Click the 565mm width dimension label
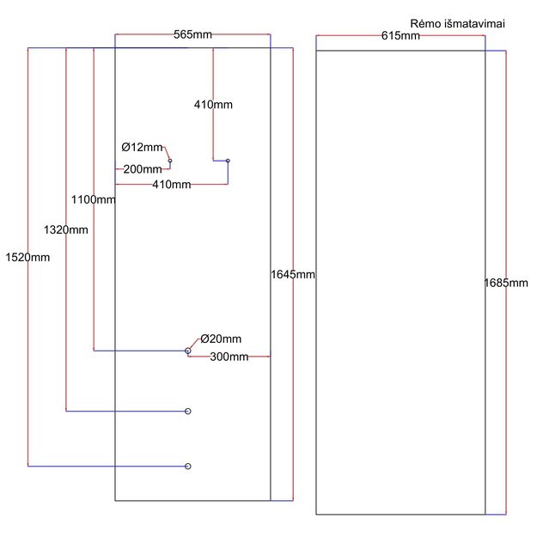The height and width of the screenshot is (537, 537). [192, 34]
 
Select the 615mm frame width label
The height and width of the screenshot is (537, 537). [400, 35]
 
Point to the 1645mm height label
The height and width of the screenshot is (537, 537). [293, 274]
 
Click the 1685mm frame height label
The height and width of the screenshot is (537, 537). [505, 283]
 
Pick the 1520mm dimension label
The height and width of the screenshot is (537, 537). [27, 257]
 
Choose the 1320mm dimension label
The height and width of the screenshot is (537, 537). [65, 229]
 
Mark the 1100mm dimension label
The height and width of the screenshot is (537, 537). [94, 199]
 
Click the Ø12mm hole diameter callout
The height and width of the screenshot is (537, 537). [142, 147]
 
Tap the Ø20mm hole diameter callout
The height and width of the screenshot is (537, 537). [221, 339]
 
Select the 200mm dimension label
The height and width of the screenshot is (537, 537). [143, 169]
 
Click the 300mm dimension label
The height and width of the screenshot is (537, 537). [229, 357]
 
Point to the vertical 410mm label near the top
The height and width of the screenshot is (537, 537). [213, 105]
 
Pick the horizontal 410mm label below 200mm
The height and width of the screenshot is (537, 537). [171, 185]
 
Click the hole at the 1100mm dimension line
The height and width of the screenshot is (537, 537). [188, 351]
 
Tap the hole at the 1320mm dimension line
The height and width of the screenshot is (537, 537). [188, 412]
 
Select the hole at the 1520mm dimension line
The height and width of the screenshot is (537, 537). [188, 466]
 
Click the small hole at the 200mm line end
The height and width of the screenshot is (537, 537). [170, 161]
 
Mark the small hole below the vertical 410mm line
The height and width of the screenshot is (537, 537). [228, 160]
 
